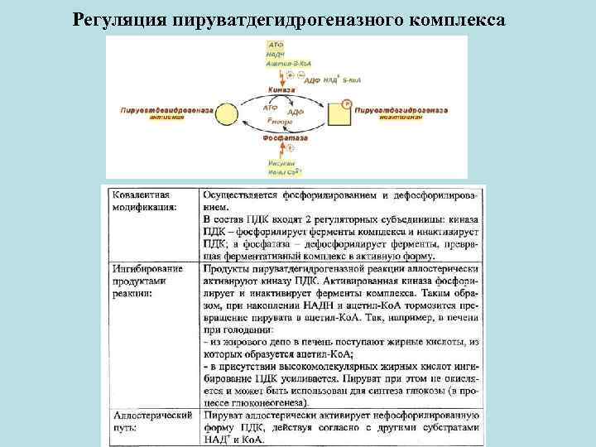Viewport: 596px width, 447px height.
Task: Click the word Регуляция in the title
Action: [120, 18]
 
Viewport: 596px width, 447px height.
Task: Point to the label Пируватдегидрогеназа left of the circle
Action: [166, 109]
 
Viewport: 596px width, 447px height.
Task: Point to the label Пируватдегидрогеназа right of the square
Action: [401, 109]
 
